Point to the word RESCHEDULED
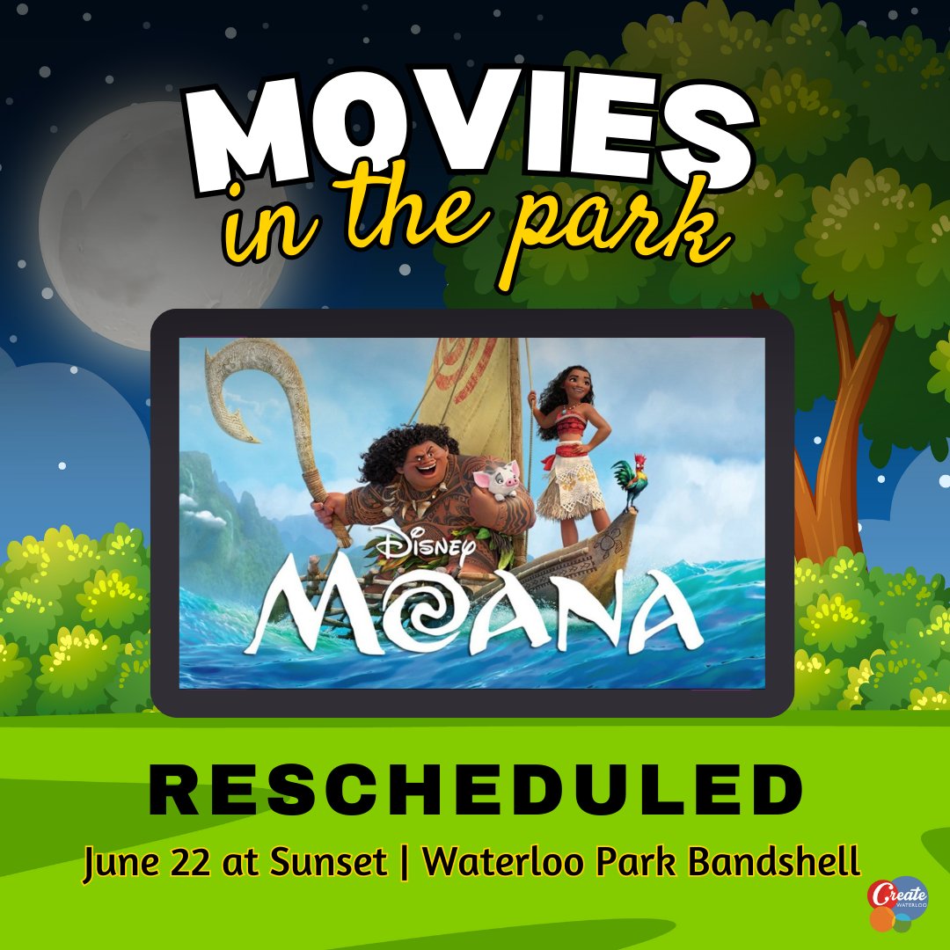click(x=475, y=790)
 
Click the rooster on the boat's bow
click(x=631, y=482)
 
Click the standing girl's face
click(x=576, y=386)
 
